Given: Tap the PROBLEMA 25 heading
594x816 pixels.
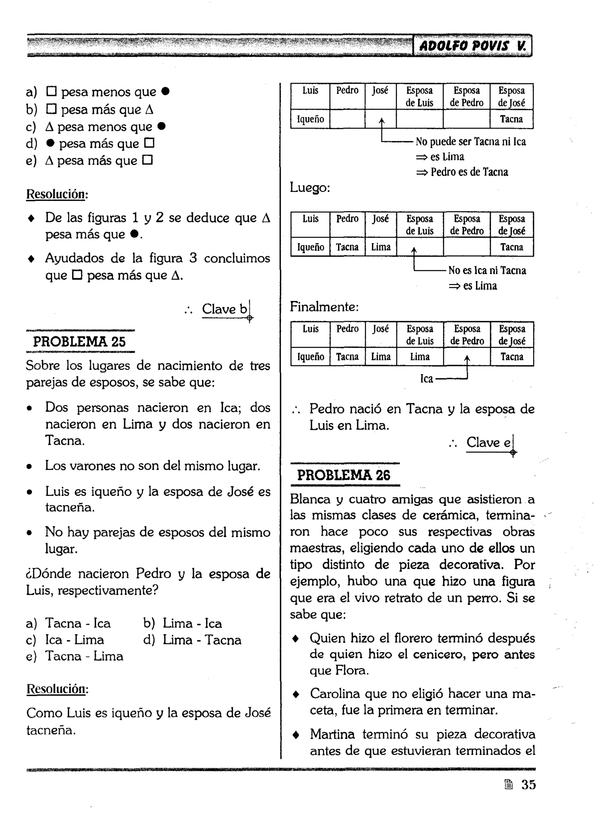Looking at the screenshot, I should [79, 341].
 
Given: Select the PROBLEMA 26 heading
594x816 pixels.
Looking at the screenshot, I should [344, 475].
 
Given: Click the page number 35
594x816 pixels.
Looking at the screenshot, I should [528, 784].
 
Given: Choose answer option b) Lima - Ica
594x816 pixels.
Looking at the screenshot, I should [182, 623].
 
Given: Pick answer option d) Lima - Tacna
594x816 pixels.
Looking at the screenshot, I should [192, 640].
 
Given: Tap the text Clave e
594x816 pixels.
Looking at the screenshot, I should [488, 442].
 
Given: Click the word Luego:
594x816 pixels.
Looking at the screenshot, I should [310, 187].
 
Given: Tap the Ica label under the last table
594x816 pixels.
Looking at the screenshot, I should [426, 379].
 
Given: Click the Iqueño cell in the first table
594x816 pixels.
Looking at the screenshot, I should [310, 119].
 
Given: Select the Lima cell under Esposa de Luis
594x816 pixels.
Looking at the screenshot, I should [420, 357].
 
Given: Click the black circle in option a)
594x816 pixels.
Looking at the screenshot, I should [165, 91].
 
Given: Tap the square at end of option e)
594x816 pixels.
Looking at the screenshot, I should [148, 160].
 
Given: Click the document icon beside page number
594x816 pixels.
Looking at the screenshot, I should [508, 784].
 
